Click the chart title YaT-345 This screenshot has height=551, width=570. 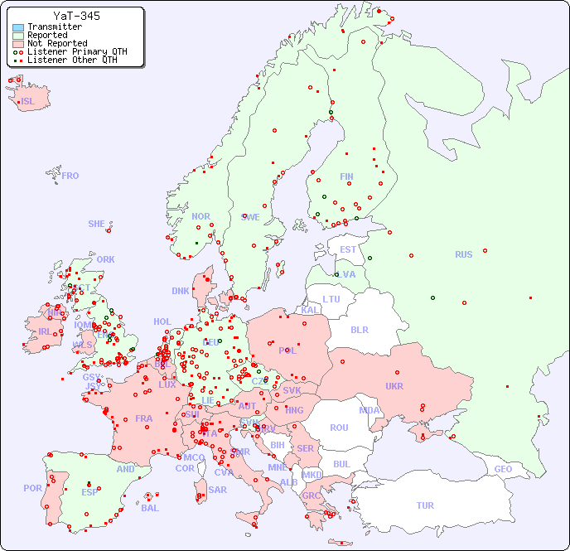pos(77,16)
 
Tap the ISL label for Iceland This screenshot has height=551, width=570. pos(28,102)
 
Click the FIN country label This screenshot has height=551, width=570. pos(346,176)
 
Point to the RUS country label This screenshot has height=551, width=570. pos(463,254)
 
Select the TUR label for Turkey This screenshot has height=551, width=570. pos(425,505)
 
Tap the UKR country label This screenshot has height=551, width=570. pos(394,386)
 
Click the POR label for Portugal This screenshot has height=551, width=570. pos(32,488)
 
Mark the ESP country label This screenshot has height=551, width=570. pos(90,491)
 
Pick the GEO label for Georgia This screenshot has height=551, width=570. pos(503,469)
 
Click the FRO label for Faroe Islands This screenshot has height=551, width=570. pos(70,176)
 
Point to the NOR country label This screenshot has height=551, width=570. pos(200,216)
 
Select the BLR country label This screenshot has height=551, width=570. pos(359,329)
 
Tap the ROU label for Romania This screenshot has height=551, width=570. pos(339,428)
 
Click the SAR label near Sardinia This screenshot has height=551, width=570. pos(218,490)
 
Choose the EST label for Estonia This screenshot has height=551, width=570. pos(348,249)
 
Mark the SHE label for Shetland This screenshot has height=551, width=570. pos(97,224)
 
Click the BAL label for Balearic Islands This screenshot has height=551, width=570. pos(149,508)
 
